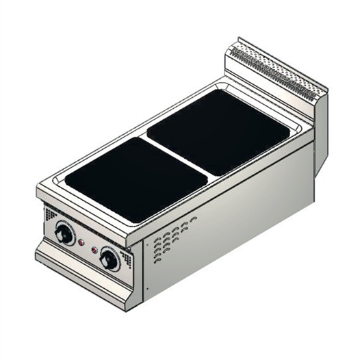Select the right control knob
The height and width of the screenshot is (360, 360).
tap(109, 259)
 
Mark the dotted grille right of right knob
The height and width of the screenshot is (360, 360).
tap(127, 259)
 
